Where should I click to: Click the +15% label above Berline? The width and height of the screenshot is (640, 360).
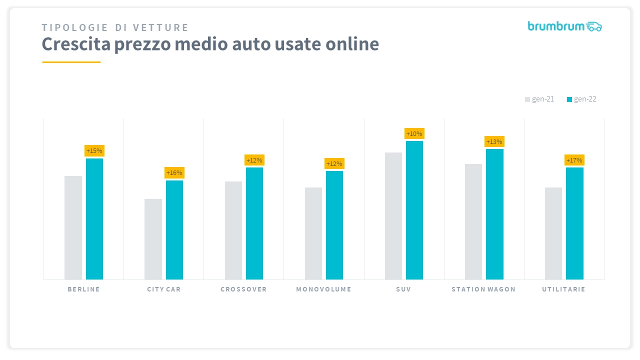[94, 150]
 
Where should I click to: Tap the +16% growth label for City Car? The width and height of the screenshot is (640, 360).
[174, 173]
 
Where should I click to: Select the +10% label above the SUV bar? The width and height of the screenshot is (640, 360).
[414, 133]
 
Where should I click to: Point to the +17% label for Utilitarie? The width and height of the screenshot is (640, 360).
[574, 160]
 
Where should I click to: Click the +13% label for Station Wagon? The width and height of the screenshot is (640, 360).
[494, 141]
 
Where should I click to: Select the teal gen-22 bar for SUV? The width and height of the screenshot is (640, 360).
[414, 210]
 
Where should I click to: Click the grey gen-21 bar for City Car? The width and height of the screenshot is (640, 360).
[153, 239]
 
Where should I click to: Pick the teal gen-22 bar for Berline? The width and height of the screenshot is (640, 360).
[94, 218]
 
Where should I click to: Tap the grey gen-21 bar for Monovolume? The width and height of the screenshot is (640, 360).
[313, 233]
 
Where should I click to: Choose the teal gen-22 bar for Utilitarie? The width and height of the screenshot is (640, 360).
[574, 223]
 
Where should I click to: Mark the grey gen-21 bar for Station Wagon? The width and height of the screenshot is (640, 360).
[473, 221]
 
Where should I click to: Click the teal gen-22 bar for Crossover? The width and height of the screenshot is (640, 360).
[254, 223]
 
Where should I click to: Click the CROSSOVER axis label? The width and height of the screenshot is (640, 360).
[243, 289]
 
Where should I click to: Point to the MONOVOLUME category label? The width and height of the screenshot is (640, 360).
[323, 289]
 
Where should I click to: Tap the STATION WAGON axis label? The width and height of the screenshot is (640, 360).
[483, 289]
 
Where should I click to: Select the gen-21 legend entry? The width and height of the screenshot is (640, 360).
[539, 99]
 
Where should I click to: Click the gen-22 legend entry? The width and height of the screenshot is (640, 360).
[581, 99]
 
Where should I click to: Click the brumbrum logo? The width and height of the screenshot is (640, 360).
[564, 26]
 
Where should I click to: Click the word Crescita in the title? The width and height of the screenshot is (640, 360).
[76, 44]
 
